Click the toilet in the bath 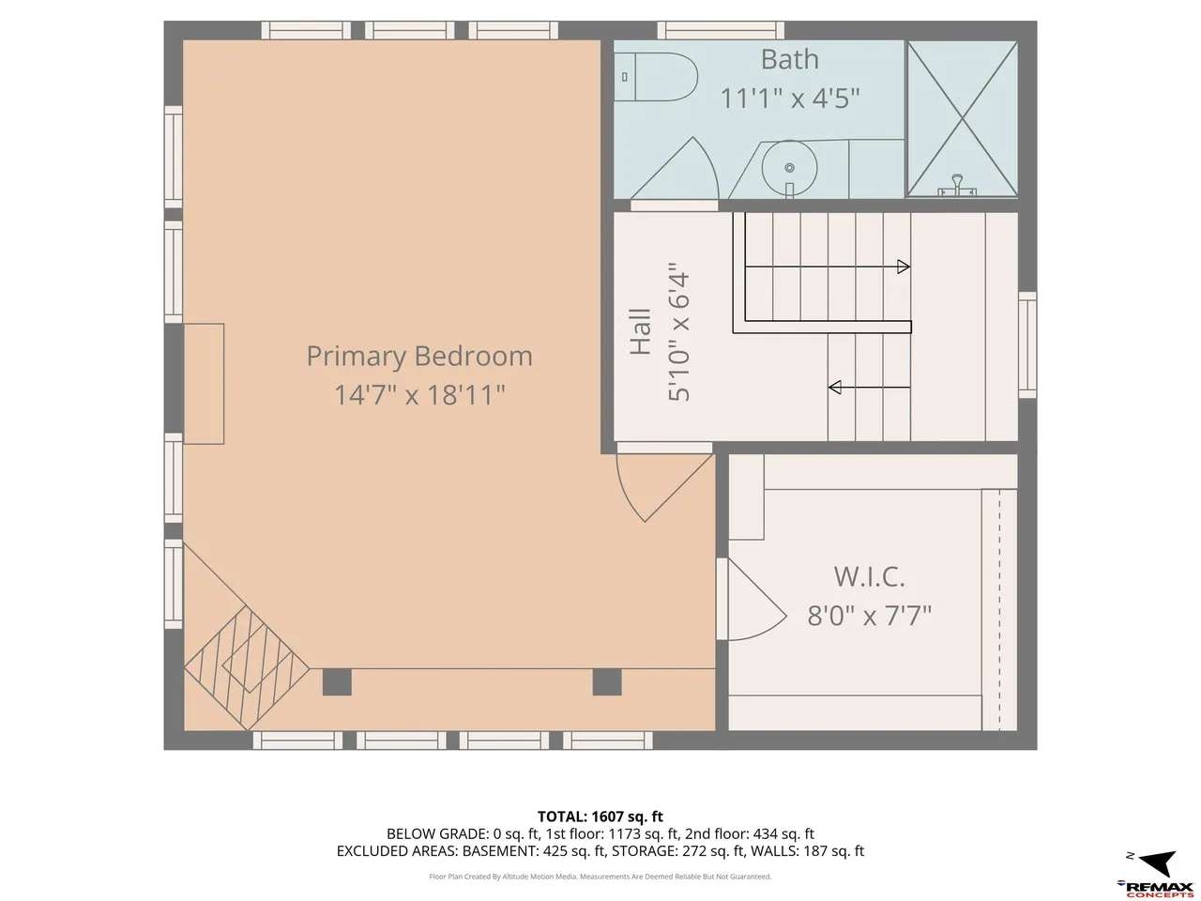[x=655, y=77]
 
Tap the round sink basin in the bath [x=789, y=166]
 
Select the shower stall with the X [x=962, y=118]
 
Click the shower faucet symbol [x=957, y=185]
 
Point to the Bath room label [x=789, y=59]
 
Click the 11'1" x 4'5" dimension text [x=789, y=99]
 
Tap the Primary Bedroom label [x=419, y=356]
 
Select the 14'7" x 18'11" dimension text [x=419, y=394]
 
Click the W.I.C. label [x=870, y=576]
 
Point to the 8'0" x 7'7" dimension [x=870, y=616]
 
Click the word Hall [x=641, y=332]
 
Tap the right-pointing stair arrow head [x=904, y=267]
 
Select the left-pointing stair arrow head [x=835, y=388]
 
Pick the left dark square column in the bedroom [x=337, y=682]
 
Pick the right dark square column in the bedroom [x=607, y=682]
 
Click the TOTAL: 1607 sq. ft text [x=600, y=817]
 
